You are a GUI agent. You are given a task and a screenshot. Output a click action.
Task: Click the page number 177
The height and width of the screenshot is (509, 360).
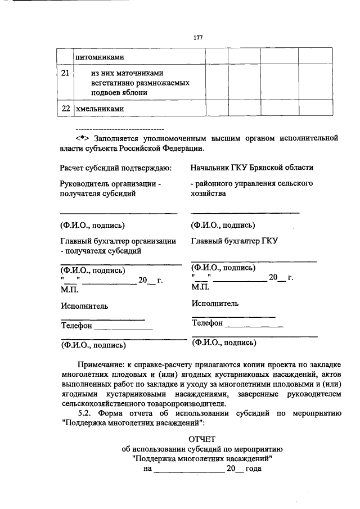coord(197,38)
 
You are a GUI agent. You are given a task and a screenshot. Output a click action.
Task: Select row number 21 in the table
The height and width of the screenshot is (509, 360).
coord(65,73)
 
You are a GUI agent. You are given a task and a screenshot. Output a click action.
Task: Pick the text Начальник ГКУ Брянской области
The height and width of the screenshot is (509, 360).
coord(251,168)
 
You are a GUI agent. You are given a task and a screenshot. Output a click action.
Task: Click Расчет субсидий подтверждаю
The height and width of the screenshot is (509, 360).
coord(115,168)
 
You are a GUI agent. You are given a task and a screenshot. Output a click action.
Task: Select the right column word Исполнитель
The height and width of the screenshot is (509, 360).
coord(214,304)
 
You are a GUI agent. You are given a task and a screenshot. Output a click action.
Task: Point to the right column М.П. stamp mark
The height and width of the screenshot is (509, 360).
coord(200,286)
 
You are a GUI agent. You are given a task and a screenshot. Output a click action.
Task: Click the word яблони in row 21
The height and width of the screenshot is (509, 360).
coord(136,92)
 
